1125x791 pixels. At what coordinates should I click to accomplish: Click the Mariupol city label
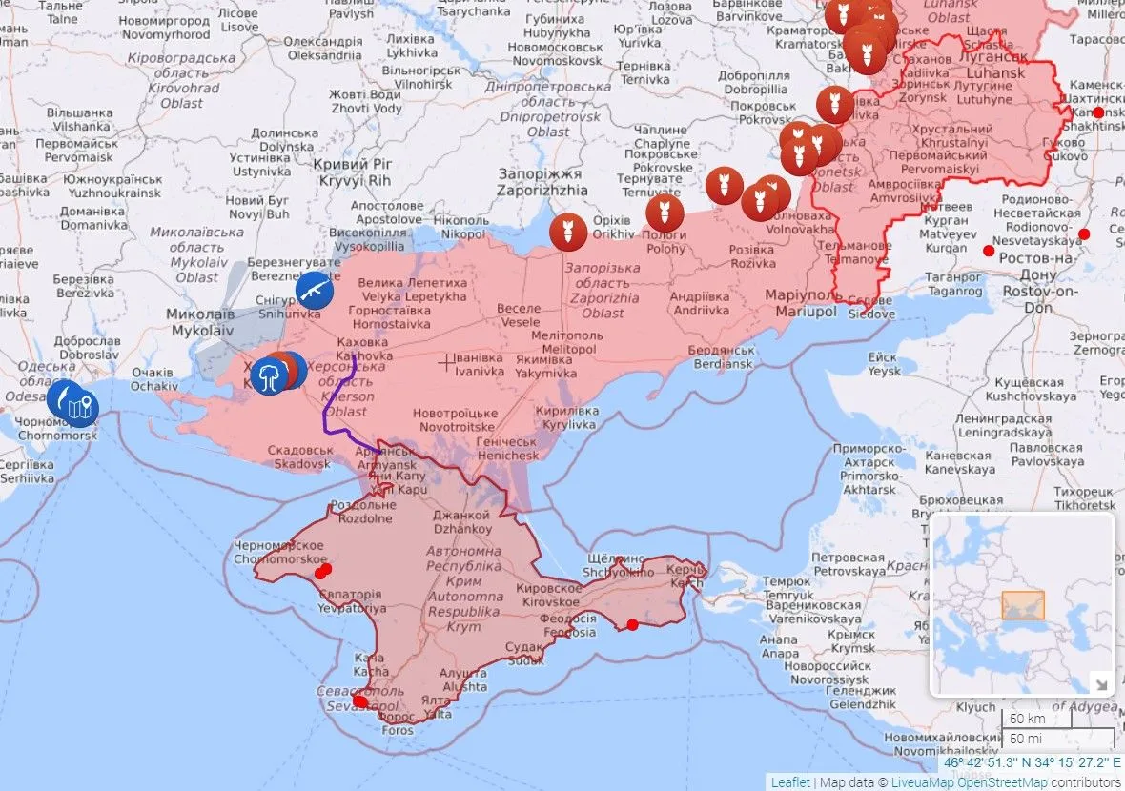pyautogui.click(x=799, y=303)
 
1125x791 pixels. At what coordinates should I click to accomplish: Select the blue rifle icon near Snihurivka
pyautogui.click(x=314, y=290)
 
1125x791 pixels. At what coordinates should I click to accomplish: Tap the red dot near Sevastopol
pyautogui.click(x=360, y=701)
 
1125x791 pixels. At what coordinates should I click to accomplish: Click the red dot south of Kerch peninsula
pyautogui.click(x=632, y=624)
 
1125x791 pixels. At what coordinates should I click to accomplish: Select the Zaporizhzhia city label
pyautogui.click(x=542, y=182)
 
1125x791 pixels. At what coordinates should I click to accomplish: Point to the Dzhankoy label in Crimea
pyautogui.click(x=462, y=521)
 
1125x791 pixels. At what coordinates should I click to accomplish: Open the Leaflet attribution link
pyautogui.click(x=790, y=782)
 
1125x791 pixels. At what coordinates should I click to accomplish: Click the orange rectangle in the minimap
pyautogui.click(x=1022, y=605)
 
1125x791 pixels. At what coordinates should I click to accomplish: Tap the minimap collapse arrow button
pyautogui.click(x=1100, y=683)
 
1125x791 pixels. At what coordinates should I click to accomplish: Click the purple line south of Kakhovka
pyautogui.click(x=329, y=410)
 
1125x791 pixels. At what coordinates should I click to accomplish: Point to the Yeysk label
pyautogui.click(x=884, y=364)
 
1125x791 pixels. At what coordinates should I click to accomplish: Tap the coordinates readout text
pyautogui.click(x=1032, y=762)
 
